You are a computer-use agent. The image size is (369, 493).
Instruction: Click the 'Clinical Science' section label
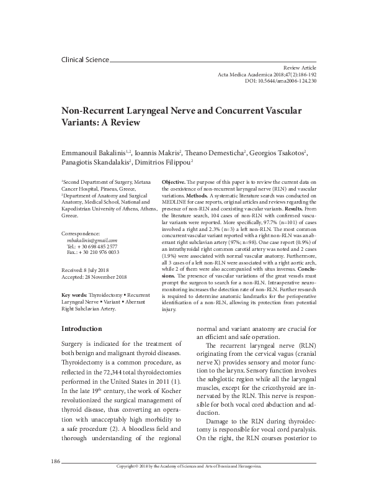[85, 60]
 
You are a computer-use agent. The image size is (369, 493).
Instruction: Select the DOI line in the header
[280, 80]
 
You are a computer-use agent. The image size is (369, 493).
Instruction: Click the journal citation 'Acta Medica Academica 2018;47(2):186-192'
[267, 73]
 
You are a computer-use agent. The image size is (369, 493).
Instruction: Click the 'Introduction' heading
[81, 328]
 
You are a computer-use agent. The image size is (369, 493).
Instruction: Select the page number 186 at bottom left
[53, 480]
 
